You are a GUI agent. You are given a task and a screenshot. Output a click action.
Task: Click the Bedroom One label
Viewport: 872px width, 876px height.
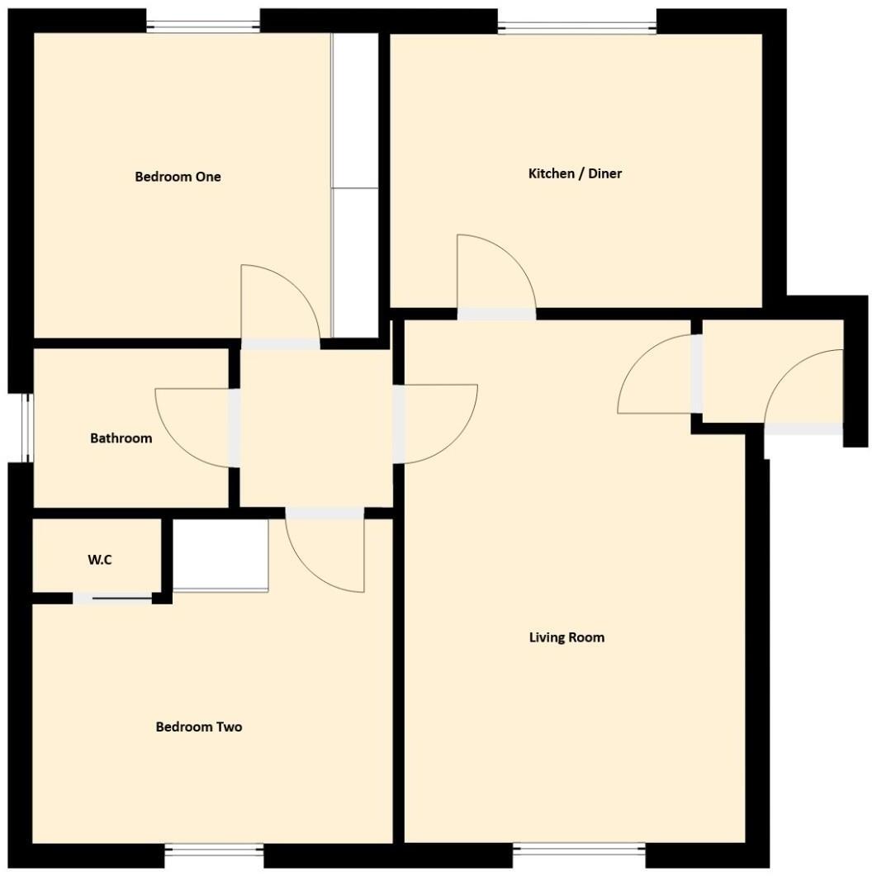(x=178, y=177)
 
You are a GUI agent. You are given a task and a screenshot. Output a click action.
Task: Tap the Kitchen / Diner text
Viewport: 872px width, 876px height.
(x=575, y=173)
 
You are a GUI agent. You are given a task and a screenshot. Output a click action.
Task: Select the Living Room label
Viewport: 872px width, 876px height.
(x=566, y=637)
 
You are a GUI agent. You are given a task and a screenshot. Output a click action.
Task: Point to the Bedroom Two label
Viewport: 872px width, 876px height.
(x=199, y=727)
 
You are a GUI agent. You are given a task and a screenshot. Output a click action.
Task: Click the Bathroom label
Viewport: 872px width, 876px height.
(x=121, y=438)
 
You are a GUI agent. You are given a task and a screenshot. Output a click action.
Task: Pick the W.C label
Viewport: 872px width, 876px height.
(x=100, y=560)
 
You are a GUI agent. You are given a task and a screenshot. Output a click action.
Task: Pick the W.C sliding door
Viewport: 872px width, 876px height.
(x=112, y=599)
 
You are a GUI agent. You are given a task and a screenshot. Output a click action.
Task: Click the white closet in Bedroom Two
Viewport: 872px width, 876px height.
(x=220, y=555)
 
